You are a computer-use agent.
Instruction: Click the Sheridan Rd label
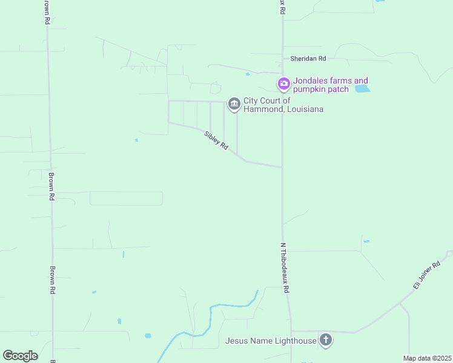[308, 59]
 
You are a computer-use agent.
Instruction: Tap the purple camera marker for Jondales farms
[283, 83]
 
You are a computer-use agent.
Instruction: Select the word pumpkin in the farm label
[312, 90]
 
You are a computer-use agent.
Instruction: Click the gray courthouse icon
[234, 104]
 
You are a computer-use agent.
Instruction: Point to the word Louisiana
[303, 109]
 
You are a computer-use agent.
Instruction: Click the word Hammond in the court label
[259, 109]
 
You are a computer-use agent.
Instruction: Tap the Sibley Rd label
[216, 141]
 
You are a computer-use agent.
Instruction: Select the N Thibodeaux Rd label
[284, 268]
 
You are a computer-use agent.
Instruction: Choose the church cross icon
[326, 340]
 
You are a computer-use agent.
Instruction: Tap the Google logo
[20, 355]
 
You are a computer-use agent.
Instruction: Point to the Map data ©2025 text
[427, 358]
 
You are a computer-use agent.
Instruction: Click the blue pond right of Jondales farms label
[362, 89]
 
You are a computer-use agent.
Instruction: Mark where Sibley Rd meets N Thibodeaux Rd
[282, 167]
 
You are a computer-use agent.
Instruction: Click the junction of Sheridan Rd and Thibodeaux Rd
[282, 59]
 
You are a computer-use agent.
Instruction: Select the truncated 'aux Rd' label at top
[282, 7]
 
